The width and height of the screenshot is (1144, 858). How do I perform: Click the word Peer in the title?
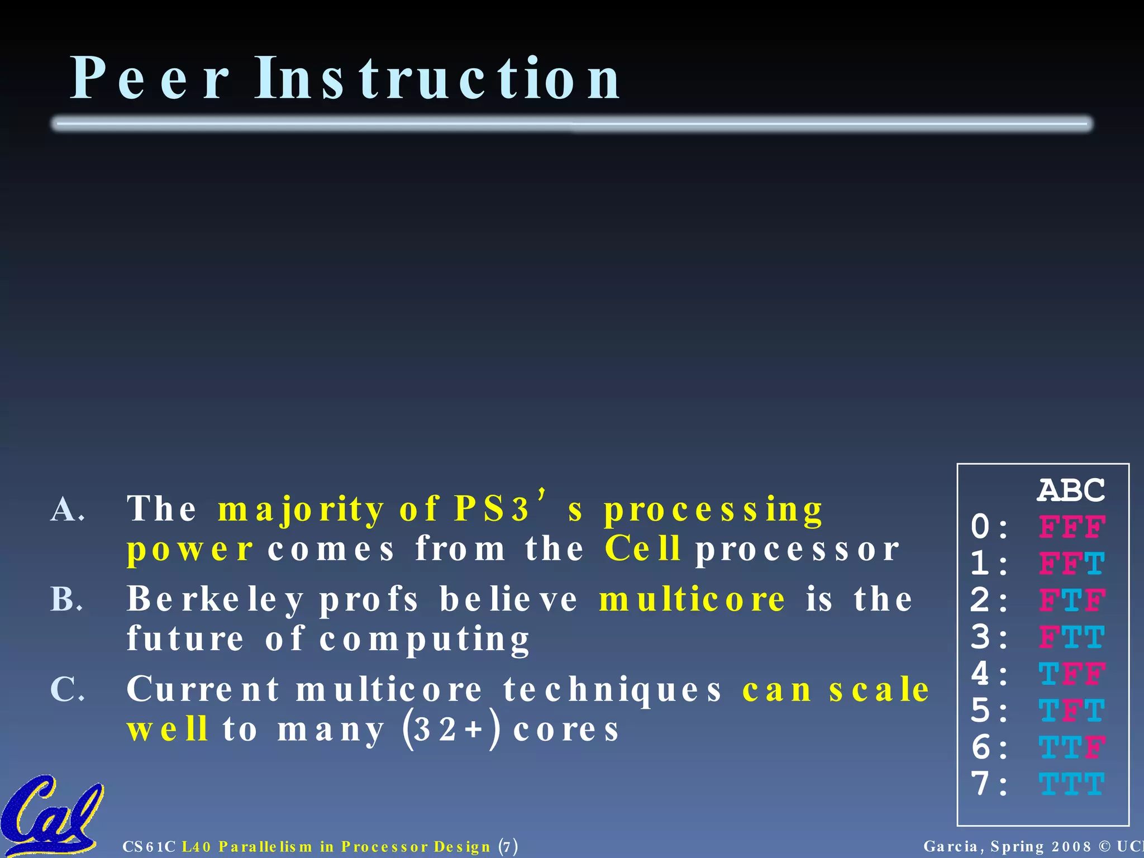[x=149, y=79]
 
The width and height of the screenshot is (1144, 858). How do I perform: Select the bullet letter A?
[x=67, y=509]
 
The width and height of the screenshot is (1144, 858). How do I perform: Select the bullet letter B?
[x=66, y=599]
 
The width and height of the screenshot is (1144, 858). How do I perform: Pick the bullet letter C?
[x=67, y=689]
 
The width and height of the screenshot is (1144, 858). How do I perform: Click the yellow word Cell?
[x=642, y=549]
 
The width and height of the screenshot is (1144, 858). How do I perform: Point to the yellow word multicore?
[x=692, y=599]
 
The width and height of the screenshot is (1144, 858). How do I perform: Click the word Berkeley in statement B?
[x=215, y=599]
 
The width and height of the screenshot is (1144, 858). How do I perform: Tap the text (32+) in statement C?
[x=450, y=729]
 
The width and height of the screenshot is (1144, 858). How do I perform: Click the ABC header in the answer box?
[x=1071, y=490]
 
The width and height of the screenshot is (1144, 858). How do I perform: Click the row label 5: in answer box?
[x=989, y=711]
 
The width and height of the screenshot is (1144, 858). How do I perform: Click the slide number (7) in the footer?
[x=508, y=846]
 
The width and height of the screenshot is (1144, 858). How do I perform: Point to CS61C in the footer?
[x=149, y=847]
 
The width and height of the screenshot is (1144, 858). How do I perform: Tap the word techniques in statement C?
[x=612, y=689]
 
